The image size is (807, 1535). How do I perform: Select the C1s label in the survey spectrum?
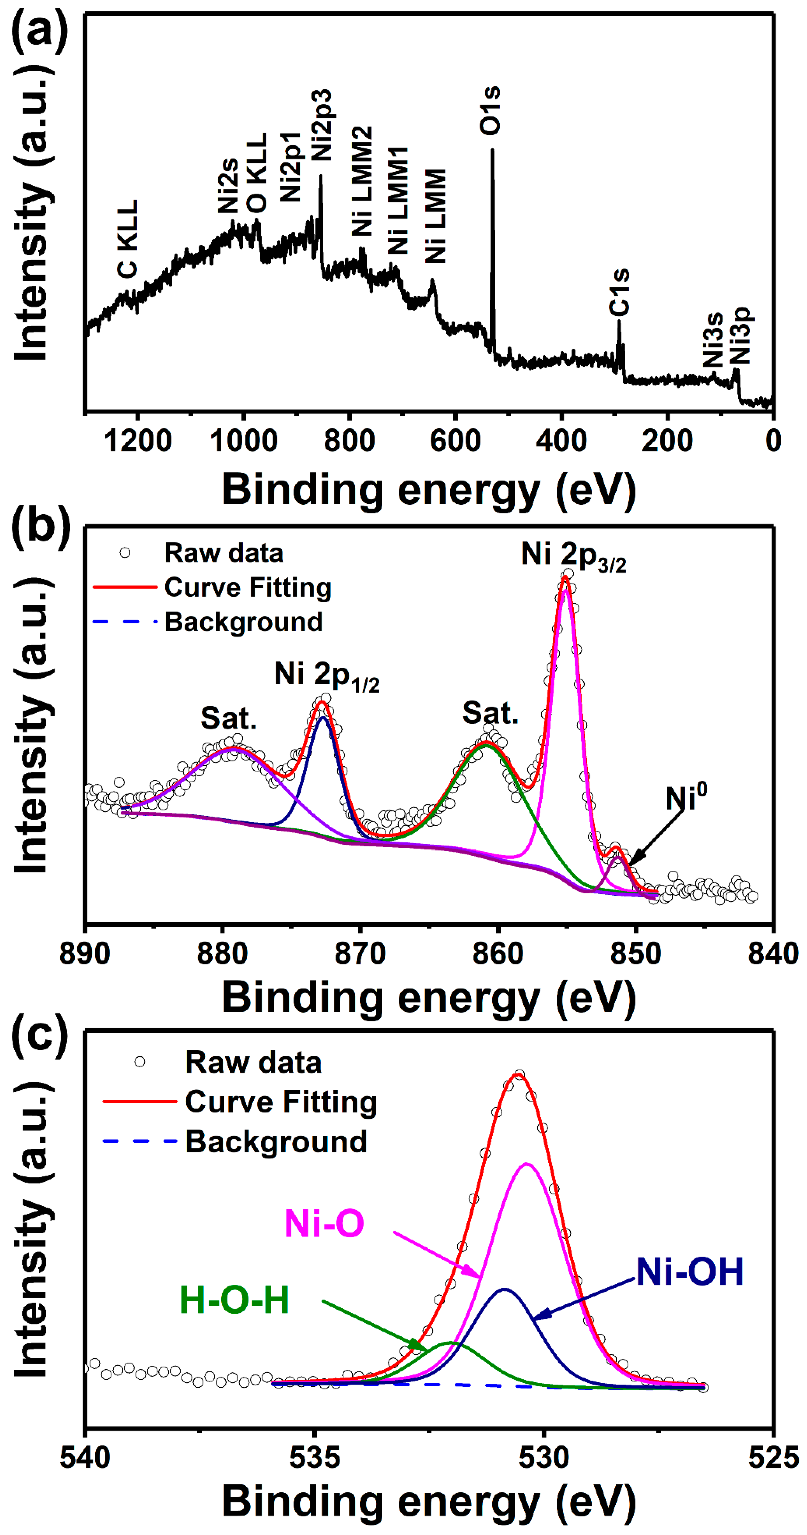click(619, 292)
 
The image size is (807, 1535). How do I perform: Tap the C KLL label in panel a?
click(128, 238)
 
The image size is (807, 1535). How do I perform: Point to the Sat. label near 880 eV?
click(229, 718)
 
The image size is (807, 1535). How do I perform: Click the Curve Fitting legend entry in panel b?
click(247, 588)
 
